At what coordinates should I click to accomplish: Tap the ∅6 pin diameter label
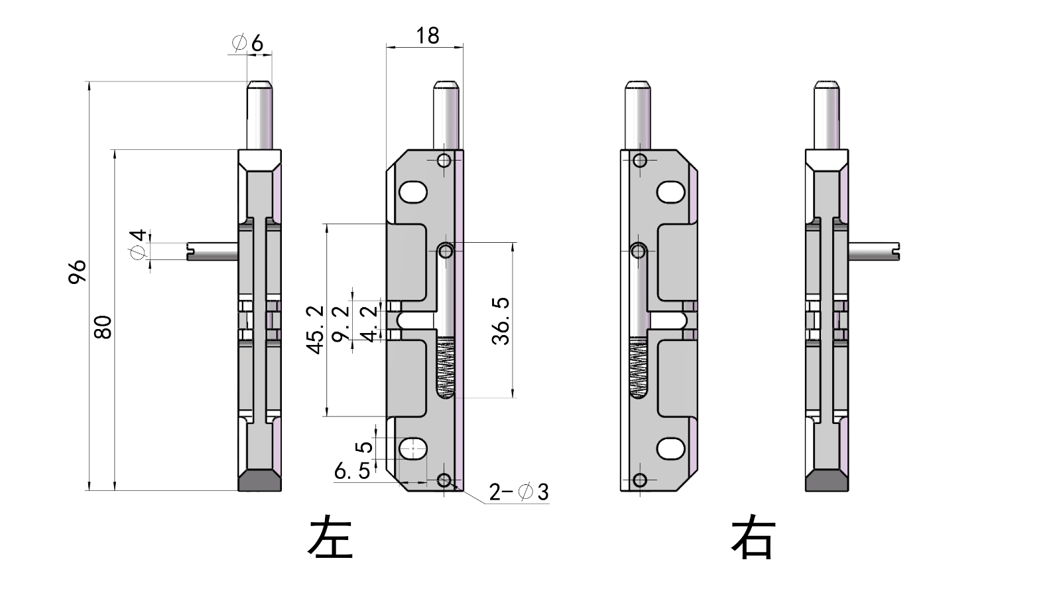point(248,43)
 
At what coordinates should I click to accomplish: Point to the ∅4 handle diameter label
point(138,245)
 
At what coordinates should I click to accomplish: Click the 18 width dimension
point(427,36)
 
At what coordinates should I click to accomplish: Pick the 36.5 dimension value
point(501,321)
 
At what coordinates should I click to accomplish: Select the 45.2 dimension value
point(315,330)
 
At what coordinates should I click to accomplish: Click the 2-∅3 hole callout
point(519,492)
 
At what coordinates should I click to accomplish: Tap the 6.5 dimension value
point(352,472)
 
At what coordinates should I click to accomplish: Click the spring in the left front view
point(446,367)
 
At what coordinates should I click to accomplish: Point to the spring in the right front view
point(638,367)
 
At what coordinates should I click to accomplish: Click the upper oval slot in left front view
point(413,192)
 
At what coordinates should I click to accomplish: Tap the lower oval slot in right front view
point(670,449)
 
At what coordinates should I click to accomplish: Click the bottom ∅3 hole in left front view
point(445,480)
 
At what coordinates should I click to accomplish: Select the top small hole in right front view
point(640,161)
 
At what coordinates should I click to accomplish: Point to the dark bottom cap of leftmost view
point(259,480)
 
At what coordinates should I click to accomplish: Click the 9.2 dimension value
point(341,323)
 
